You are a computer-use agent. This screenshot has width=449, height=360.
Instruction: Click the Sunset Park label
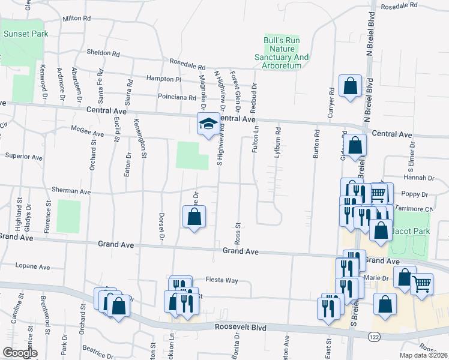click(25, 34)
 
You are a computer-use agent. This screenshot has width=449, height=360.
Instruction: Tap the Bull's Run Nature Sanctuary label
click(286, 53)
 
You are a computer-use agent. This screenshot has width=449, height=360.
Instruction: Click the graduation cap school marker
click(208, 124)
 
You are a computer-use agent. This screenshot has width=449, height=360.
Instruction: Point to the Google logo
click(20, 353)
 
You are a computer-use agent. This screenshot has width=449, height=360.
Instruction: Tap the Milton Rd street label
click(76, 19)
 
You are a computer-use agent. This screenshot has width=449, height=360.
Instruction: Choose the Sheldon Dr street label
click(103, 53)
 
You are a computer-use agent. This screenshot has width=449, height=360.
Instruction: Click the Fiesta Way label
click(222, 280)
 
